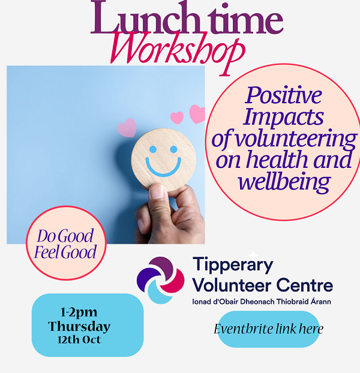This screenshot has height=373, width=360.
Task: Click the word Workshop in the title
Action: coord(177,50)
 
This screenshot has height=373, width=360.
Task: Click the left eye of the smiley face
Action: coord(153,149)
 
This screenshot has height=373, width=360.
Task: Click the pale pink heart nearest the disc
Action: coord(127,128)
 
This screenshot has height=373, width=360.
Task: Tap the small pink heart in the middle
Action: coord(177,118)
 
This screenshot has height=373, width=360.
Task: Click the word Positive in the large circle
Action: coord(284,95)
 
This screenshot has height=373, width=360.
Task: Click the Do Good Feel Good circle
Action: coord(66,243)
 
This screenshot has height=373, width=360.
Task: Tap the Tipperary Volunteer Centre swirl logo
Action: coord(161,280)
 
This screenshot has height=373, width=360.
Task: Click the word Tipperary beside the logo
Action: coord(233,266)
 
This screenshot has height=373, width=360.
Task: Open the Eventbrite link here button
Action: coord(269,329)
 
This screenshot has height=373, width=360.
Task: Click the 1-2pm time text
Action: coord(79,312)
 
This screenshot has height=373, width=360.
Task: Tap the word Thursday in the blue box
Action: coord(79,326)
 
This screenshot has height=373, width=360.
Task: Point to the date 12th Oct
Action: coord(79,339)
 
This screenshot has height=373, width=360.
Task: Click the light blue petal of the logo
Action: coord(158,293)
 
